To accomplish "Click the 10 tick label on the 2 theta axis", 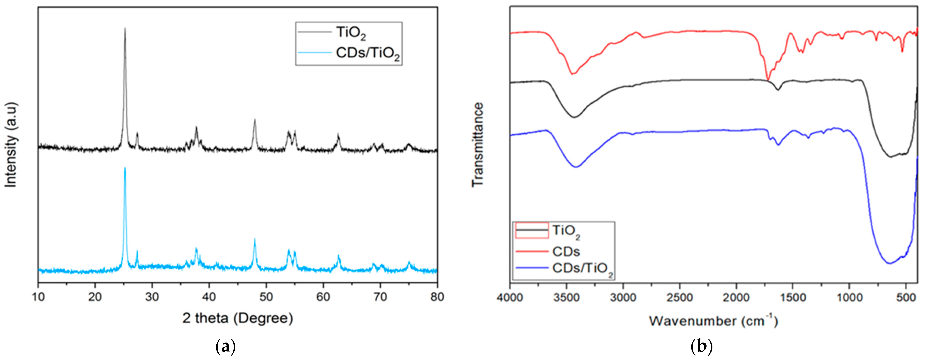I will tap(38, 297).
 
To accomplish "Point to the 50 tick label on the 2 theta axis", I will tap(266, 297).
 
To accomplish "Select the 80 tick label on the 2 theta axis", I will tap(437, 297).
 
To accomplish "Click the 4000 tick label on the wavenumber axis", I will tap(510, 298).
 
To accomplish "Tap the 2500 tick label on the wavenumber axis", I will tap(680, 298).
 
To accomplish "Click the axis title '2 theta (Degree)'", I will tap(238, 318).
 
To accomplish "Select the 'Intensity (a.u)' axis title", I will tap(11, 145).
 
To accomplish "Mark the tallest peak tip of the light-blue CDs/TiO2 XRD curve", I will tap(125, 168).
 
